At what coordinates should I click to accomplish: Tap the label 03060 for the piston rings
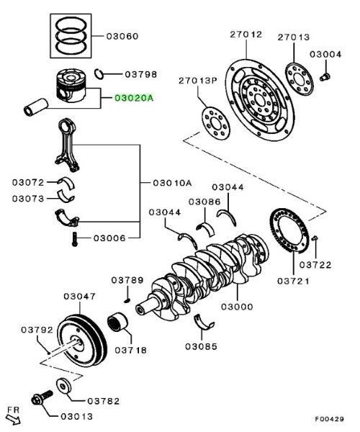(x=122, y=36)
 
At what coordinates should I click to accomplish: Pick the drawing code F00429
(x=330, y=420)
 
